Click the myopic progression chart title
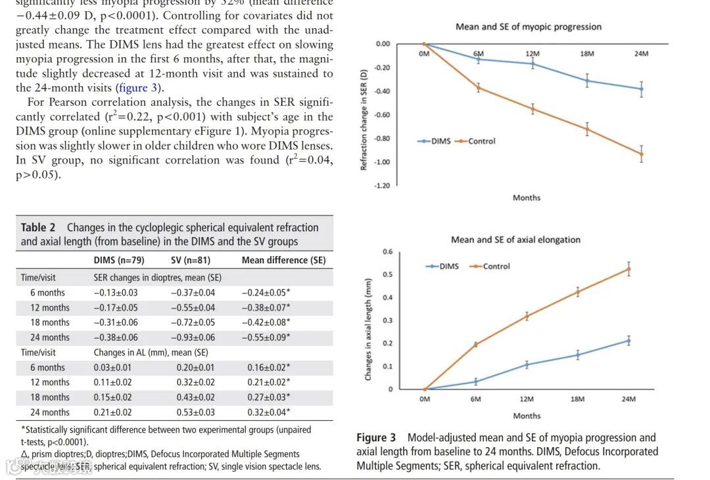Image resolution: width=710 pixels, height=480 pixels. pos(529,27)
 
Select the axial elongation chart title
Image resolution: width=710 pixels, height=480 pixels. pos(515,240)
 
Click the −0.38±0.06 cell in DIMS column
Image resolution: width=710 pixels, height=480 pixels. pos(116,338)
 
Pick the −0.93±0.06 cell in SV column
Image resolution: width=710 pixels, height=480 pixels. pos(193,338)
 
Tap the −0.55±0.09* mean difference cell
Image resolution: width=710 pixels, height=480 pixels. pos(266,338)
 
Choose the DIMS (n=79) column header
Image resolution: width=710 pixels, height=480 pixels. pos(119,260)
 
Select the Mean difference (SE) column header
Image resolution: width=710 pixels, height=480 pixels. pos(283,260)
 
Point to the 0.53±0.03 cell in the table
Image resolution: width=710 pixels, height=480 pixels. pos(195,412)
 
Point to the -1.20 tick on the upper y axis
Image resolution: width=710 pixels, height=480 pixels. pos(383,186)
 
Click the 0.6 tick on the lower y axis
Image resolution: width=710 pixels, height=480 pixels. pos(388,252)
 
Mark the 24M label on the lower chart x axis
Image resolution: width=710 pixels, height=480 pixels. pos(628,399)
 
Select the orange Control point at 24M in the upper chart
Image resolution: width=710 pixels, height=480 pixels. pos(642,154)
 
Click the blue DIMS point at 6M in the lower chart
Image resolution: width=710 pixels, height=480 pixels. pos(475,382)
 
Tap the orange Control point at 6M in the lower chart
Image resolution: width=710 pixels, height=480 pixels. pos(475,344)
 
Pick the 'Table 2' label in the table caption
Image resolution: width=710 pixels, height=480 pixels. pos(38,227)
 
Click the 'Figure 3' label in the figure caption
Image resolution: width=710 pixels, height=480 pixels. pos(376,437)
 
